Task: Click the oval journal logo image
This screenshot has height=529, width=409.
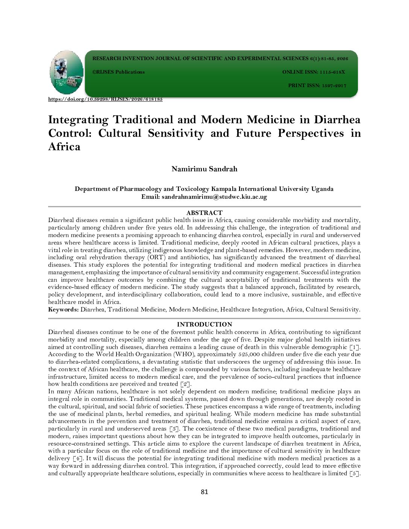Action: tap(67, 73)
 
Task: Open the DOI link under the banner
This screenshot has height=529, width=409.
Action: tap(105, 99)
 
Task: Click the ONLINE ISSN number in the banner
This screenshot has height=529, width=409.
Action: tap(332, 72)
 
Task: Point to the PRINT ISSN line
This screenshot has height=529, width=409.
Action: tap(317, 86)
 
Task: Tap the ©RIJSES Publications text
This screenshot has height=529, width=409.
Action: tap(118, 72)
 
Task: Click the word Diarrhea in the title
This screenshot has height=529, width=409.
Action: tap(337, 120)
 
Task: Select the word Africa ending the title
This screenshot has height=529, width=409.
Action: tap(64, 147)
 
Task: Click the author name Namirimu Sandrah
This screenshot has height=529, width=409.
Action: tap(204, 169)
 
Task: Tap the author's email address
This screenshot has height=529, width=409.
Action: tap(214, 197)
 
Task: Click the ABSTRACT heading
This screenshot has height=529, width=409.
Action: tap(204, 213)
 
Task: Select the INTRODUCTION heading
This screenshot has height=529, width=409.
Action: tap(204, 324)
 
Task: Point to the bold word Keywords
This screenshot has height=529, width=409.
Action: tap(63, 310)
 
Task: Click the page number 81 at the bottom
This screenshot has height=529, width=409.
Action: tap(204, 492)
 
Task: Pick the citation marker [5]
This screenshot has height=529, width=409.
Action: tap(354, 473)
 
